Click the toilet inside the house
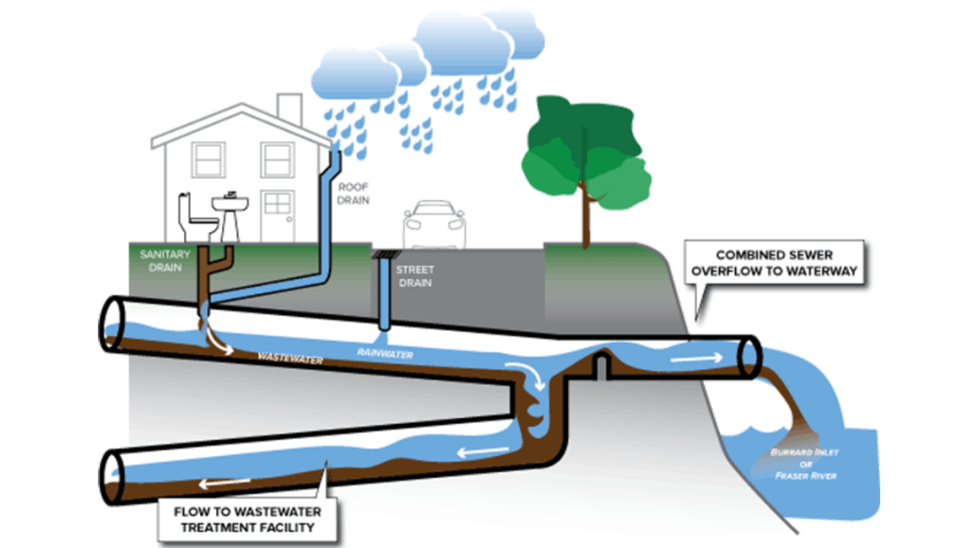coord(196,218)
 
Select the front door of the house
coord(276,216)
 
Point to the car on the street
coord(433,225)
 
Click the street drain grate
coord(387,254)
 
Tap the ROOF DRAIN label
coord(353,194)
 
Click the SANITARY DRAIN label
coord(160,259)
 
